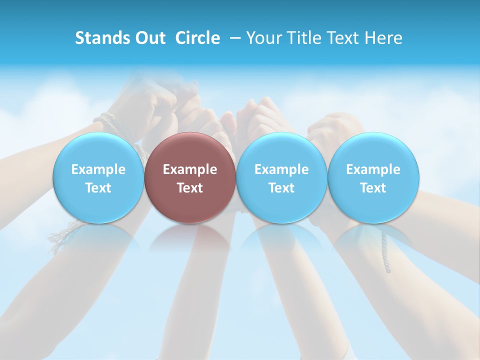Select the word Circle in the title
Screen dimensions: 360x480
coord(197,38)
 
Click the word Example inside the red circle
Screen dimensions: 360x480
coord(190,169)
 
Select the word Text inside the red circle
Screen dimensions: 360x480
coord(190,188)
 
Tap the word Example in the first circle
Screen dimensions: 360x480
coord(98,169)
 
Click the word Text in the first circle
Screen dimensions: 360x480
coord(98,188)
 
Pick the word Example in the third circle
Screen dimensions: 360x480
coord(281,169)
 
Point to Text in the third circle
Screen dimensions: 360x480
coord(281,188)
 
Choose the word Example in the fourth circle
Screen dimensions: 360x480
coord(373,169)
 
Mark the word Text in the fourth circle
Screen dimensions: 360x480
coord(373,188)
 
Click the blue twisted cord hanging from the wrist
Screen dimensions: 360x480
coord(385,252)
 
